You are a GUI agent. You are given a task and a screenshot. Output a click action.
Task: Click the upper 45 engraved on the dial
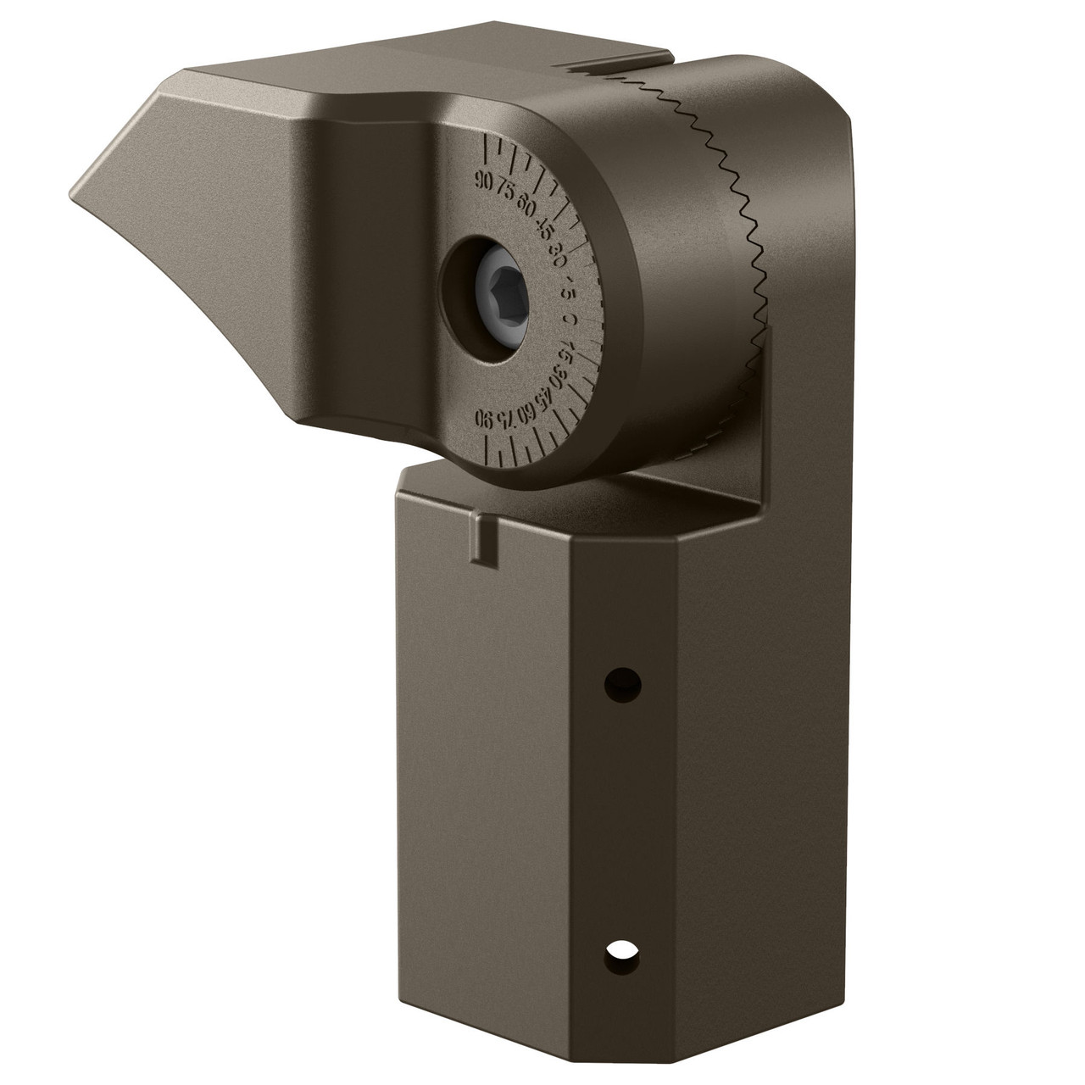546,226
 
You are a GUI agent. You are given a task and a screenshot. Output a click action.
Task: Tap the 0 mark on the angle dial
570,320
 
